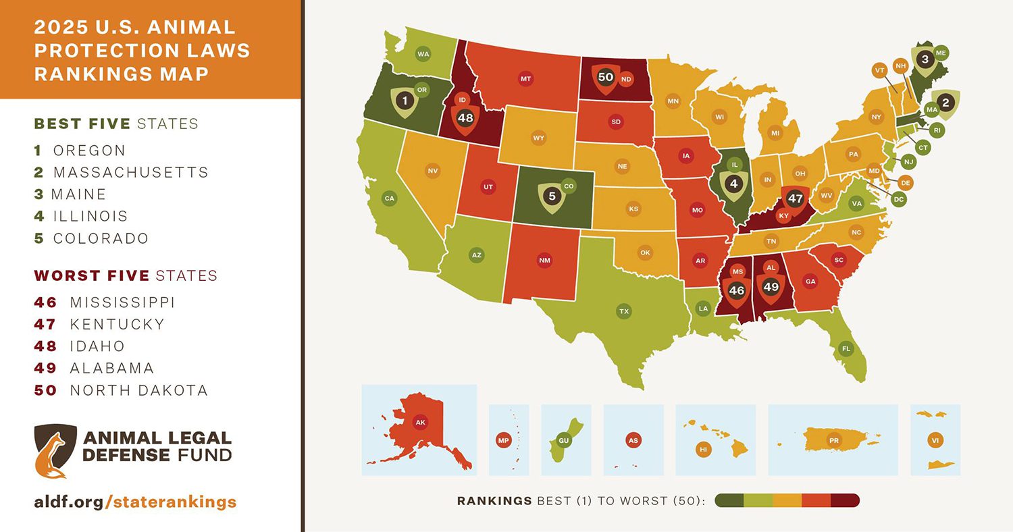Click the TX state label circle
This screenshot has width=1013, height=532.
(x=623, y=311)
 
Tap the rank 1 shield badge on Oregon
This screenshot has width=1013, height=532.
(x=405, y=101)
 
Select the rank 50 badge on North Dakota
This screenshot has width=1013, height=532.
(x=606, y=78)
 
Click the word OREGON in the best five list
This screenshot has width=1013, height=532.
(x=89, y=150)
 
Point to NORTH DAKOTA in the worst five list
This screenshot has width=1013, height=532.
(x=138, y=390)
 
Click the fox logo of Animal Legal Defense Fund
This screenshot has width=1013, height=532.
(x=55, y=450)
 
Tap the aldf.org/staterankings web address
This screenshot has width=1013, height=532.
(x=135, y=502)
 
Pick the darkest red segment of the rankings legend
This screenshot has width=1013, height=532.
(x=845, y=500)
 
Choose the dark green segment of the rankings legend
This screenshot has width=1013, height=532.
(x=729, y=500)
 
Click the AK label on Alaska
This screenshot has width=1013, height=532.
(x=420, y=423)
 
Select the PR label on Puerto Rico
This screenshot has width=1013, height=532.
(x=833, y=440)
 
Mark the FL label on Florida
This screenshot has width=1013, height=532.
(x=844, y=349)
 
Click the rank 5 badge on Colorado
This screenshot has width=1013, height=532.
(x=552, y=196)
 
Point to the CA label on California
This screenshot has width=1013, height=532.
(x=389, y=198)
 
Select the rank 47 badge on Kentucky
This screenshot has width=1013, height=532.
(x=795, y=199)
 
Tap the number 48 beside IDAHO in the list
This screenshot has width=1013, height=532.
(x=45, y=346)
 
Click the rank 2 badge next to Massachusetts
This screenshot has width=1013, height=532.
(x=945, y=103)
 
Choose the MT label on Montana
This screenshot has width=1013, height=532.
(x=525, y=79)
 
